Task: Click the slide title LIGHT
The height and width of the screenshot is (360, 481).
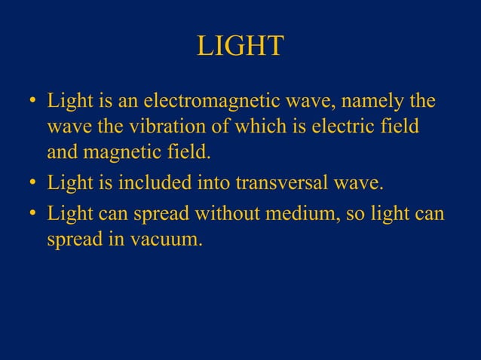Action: coord(240,47)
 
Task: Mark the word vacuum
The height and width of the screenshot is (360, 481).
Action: coord(173,242)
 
